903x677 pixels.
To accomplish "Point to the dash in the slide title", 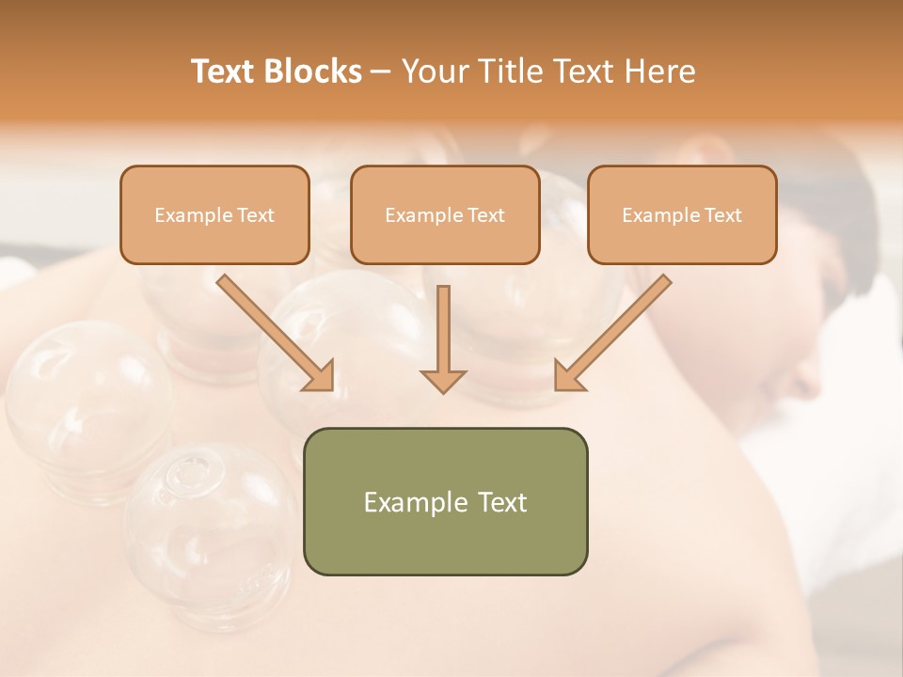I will (x=381, y=72).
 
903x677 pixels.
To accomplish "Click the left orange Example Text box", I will (x=214, y=215).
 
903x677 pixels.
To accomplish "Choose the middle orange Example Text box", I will (x=445, y=215).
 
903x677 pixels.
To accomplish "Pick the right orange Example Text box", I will (x=682, y=215).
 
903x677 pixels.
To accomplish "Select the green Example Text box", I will (x=445, y=501).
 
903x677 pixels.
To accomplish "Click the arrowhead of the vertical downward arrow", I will (x=443, y=380).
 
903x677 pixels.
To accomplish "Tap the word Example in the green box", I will (x=406, y=502).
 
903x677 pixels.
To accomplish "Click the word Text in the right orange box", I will (x=723, y=215).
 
